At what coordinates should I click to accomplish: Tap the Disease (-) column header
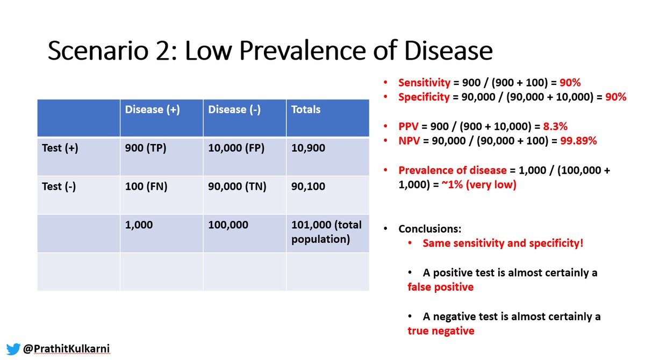click(234, 110)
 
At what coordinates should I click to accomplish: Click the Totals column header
click(306, 110)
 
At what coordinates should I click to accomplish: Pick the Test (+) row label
click(60, 148)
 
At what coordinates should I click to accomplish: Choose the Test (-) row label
click(60, 187)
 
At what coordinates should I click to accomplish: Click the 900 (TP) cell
click(146, 148)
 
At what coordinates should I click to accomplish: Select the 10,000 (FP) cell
click(236, 148)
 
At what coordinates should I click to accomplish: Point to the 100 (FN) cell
click(146, 187)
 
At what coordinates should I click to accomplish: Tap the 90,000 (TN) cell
click(237, 187)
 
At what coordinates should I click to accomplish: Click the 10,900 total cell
click(308, 148)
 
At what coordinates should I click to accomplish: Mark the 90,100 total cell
click(308, 187)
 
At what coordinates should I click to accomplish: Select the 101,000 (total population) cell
click(326, 232)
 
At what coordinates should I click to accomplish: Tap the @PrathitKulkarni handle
click(67, 349)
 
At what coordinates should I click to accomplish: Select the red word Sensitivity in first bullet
click(423, 83)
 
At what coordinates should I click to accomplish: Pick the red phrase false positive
click(441, 287)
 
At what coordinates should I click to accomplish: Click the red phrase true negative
click(441, 330)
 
